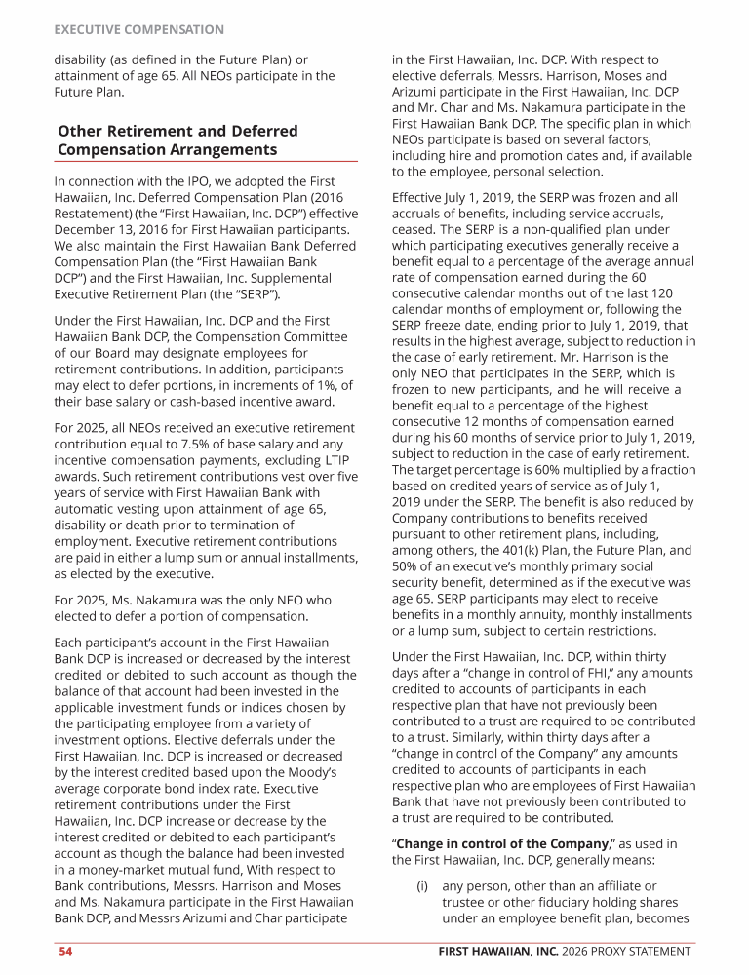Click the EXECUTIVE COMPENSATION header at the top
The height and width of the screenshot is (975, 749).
pos(138,31)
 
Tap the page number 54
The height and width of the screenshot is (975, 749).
pos(64,951)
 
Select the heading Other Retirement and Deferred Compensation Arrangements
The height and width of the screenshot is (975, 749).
pos(178,140)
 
